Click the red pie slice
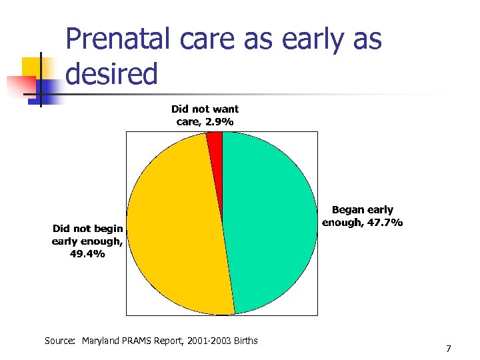[215, 138]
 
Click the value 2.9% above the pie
[219, 121]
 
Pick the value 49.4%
[87, 253]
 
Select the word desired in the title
[112, 74]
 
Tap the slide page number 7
[449, 349]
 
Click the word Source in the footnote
[60, 341]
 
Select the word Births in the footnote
[245, 341]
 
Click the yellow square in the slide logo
[33, 67]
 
